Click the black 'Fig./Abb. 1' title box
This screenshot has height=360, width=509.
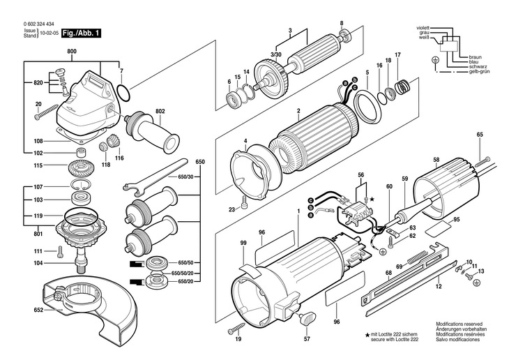click(x=81, y=33)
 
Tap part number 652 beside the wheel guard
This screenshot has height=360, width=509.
click(x=38, y=310)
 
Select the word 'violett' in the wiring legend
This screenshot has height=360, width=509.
click(x=423, y=29)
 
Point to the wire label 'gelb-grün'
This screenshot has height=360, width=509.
click(x=479, y=71)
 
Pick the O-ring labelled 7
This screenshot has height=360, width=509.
click(x=123, y=93)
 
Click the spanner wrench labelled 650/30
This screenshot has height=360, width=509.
click(x=155, y=177)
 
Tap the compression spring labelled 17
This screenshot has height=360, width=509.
click(x=403, y=87)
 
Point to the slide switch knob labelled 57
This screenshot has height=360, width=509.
click(x=307, y=318)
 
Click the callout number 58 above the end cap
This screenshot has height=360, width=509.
click(x=436, y=160)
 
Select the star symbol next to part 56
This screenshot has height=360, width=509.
click(x=372, y=198)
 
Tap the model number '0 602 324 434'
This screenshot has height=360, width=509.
click(x=38, y=24)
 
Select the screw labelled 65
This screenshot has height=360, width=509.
click(x=483, y=161)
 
